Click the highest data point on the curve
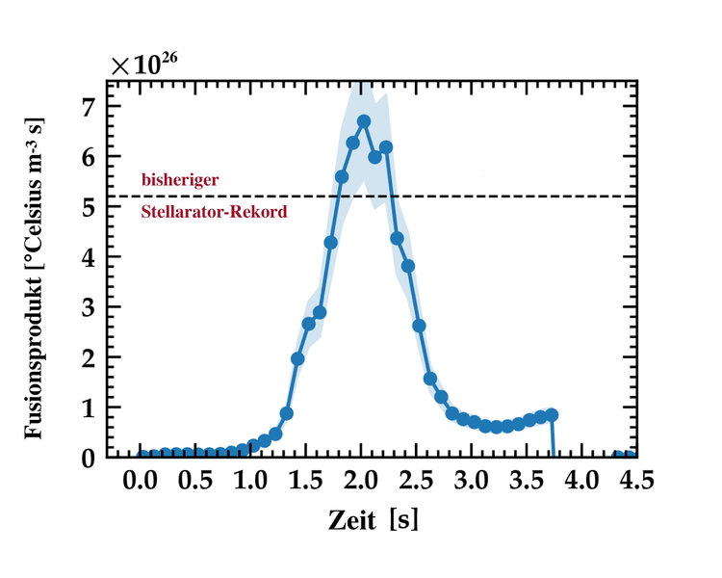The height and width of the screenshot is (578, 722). tap(364, 121)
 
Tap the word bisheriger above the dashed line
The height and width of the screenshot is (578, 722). tap(180, 179)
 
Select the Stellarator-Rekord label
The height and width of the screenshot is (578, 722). tap(214, 211)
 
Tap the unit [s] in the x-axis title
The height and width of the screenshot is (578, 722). tap(406, 520)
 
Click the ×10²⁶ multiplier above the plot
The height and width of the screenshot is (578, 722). tap(143, 66)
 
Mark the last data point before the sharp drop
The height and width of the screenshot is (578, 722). tap(552, 414)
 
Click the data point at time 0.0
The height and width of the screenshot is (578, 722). tap(143, 456)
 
